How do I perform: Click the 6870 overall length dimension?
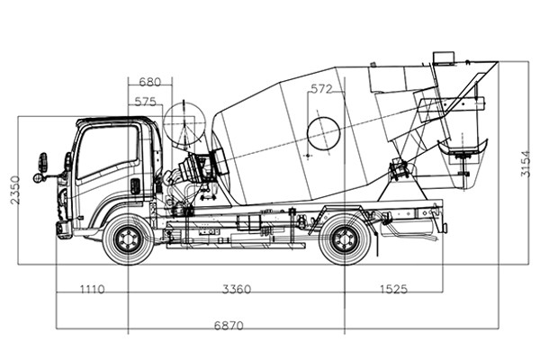point(229,324)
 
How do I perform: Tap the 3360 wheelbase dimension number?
point(236,290)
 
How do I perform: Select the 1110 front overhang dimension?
point(92,290)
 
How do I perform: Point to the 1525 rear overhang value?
point(393,290)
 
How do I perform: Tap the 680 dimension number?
point(149,82)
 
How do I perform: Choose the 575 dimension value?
point(144,101)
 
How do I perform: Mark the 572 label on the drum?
point(321,89)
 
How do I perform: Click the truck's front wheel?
point(127,239)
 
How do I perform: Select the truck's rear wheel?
point(345,240)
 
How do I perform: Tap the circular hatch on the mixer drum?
point(323,133)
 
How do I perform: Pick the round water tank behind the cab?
point(185,125)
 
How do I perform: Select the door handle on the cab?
point(135,186)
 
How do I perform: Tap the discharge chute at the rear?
point(464,144)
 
